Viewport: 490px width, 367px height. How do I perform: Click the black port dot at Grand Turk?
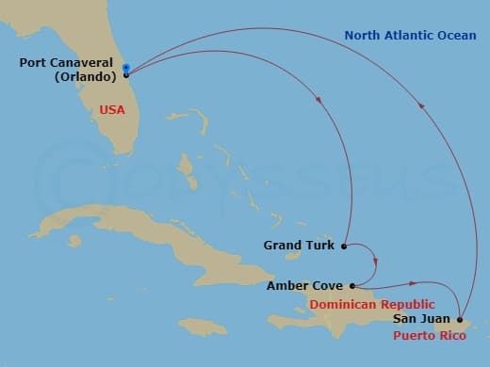[x=344, y=247]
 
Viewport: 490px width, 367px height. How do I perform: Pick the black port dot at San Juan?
[x=460, y=320]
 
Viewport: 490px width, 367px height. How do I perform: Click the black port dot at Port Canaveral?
[x=126, y=74]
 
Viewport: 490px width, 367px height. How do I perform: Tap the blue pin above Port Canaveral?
[x=126, y=67]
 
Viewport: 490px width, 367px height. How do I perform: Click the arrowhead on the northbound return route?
[x=421, y=106]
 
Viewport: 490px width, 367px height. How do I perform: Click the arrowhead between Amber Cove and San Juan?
[x=414, y=281]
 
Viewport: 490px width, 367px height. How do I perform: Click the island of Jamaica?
[x=203, y=326]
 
